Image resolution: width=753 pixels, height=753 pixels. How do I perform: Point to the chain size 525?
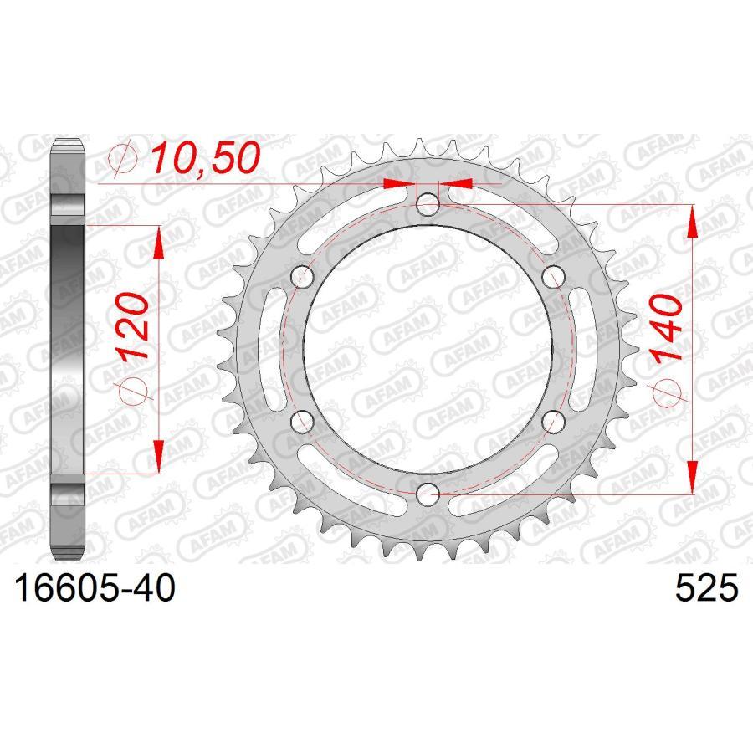707,589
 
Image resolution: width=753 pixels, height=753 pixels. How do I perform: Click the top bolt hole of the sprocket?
428,203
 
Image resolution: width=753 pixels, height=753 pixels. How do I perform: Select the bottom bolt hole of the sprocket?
428,491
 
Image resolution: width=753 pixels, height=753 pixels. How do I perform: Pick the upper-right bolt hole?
552,275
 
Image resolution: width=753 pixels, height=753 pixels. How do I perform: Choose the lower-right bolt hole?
552,419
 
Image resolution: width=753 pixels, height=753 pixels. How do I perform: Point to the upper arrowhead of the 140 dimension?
692,222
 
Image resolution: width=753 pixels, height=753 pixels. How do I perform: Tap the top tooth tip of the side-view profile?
68,141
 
